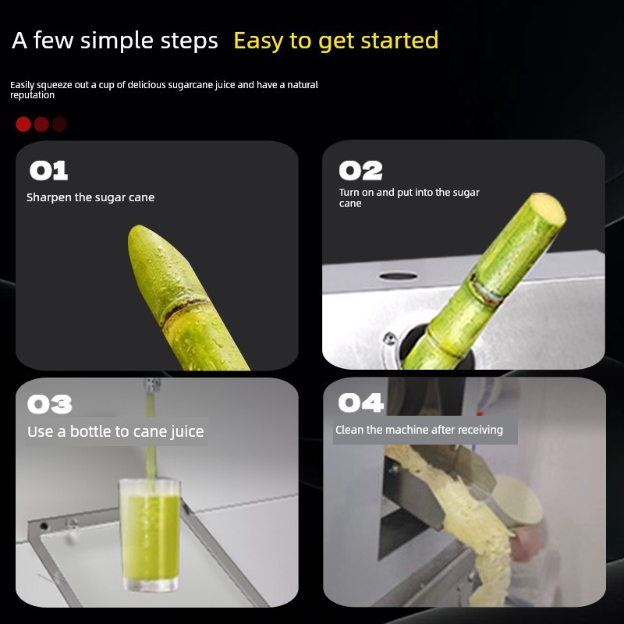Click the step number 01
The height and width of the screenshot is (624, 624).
[x=48, y=171]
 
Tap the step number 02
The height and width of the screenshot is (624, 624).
[x=360, y=171]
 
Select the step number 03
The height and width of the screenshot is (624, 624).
[x=49, y=404]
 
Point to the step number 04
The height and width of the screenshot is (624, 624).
[x=360, y=402]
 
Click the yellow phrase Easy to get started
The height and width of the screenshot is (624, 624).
[x=335, y=41]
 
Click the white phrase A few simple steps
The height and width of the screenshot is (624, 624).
[x=115, y=41]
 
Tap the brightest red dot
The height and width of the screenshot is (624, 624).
[x=23, y=124]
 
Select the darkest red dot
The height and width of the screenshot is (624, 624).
[x=59, y=124]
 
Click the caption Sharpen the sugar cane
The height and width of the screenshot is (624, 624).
[x=90, y=197]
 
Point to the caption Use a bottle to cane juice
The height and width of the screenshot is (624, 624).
[x=115, y=431]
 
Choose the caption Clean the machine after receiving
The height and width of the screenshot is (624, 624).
[x=419, y=430]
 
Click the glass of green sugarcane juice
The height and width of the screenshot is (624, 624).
[x=149, y=538]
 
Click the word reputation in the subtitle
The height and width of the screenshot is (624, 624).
[x=32, y=95]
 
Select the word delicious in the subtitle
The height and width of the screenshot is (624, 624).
[x=144, y=84]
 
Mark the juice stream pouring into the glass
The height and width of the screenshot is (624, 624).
[x=149, y=429]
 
